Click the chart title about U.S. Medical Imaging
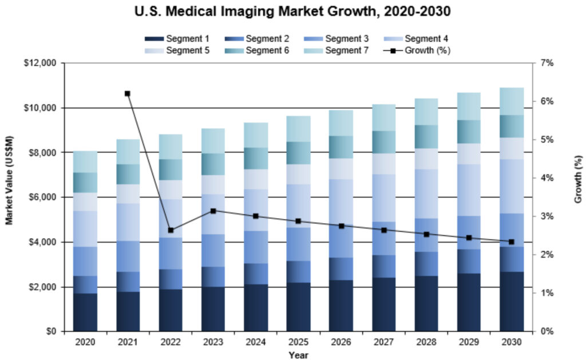pyautogui.click(x=293, y=11)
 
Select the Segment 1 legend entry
pyautogui.click(x=177, y=39)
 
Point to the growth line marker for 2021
pyautogui.click(x=127, y=93)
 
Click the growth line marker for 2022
pyautogui.click(x=171, y=230)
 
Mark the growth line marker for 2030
pyautogui.click(x=511, y=242)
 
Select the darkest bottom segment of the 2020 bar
pyautogui.click(x=84, y=312)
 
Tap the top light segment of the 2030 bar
pyautogui.click(x=511, y=101)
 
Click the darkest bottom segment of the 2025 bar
pyautogui.click(x=298, y=307)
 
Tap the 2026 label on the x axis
pyautogui.click(x=340, y=342)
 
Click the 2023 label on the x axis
pyautogui.click(x=213, y=342)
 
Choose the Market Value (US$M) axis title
pyautogui.click(x=10, y=197)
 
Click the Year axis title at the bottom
pyautogui.click(x=298, y=355)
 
